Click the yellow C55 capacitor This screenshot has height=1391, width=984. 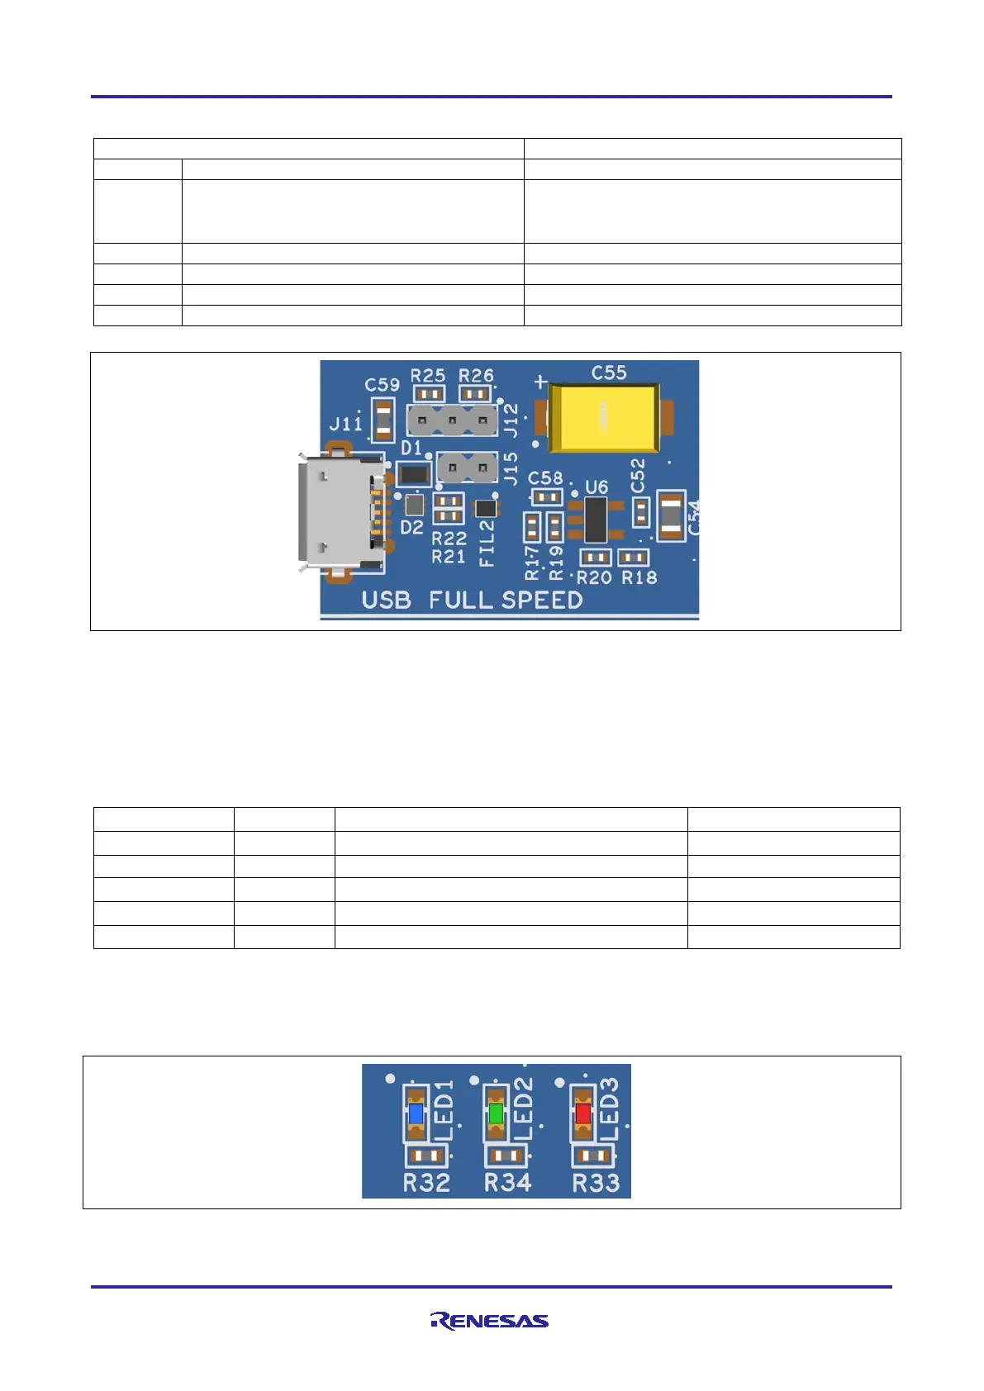[x=604, y=417]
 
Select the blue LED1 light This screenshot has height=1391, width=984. [x=416, y=1113]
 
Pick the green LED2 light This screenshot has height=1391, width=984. [x=496, y=1113]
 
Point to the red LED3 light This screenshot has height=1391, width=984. [x=582, y=1113]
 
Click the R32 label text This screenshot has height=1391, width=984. [x=426, y=1183]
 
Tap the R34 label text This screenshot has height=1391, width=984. [x=507, y=1183]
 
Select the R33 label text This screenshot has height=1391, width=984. [x=596, y=1183]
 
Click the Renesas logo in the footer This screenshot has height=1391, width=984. [x=489, y=1320]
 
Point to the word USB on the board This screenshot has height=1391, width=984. [x=386, y=600]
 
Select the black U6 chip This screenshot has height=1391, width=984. [x=596, y=520]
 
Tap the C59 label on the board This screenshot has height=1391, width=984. [x=382, y=385]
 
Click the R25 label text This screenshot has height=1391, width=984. [x=428, y=375]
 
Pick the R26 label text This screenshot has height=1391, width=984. [x=476, y=375]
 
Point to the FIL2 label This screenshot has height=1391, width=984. [x=487, y=543]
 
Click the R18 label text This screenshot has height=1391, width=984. [x=639, y=577]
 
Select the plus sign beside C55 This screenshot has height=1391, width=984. [x=541, y=382]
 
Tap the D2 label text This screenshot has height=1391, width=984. [x=411, y=527]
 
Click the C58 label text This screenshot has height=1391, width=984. [x=545, y=478]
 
